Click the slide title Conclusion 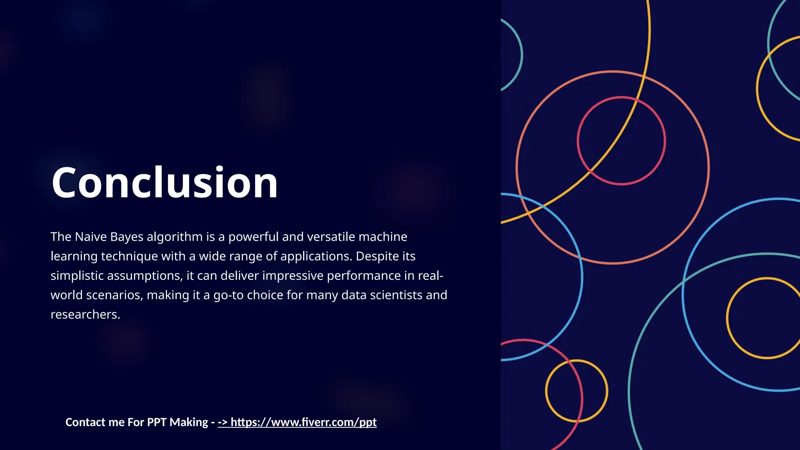click(164, 183)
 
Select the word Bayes click(127, 237)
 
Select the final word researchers click(85, 314)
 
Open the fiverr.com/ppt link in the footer click(303, 422)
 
